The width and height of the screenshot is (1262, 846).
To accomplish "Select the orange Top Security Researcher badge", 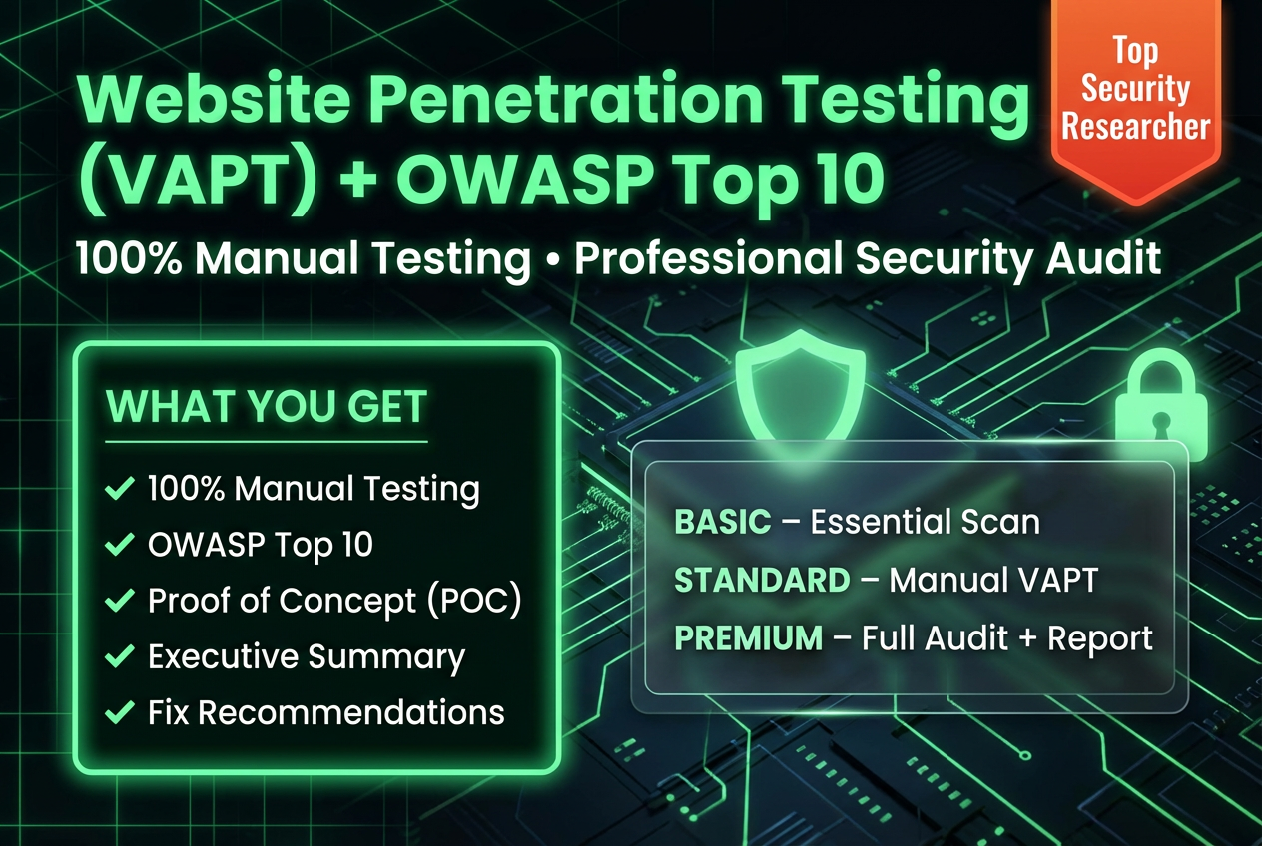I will click(1136, 95).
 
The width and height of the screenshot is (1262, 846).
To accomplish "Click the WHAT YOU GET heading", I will click(267, 407).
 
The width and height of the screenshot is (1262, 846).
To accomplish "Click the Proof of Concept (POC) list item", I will click(334, 601).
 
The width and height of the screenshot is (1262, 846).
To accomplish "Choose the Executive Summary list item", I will click(307, 656).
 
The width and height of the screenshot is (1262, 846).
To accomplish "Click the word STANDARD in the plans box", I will click(762, 580).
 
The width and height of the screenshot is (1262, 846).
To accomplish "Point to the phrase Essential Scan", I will click(925, 521).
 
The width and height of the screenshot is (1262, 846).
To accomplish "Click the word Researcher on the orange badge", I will click(1136, 127).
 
